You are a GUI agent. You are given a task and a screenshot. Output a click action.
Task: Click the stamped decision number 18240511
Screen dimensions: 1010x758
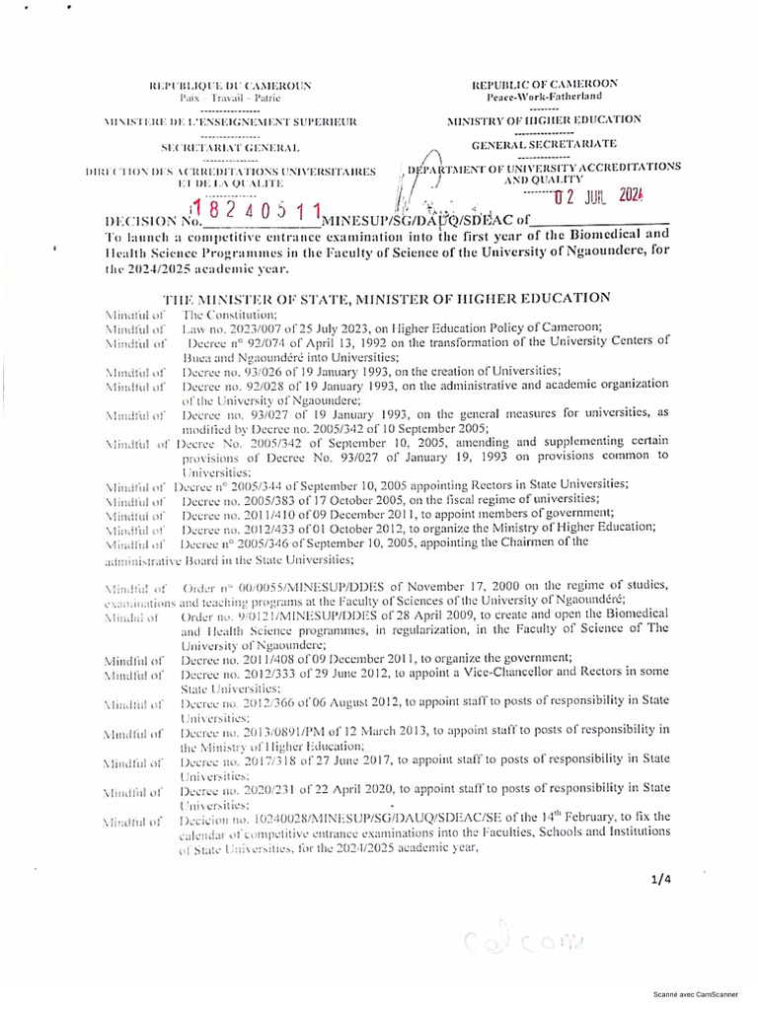tap(257, 212)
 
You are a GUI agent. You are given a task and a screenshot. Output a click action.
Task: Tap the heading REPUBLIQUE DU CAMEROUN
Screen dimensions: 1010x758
tap(229, 86)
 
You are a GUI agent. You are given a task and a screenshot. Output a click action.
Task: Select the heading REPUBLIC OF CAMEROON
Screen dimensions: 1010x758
tap(544, 84)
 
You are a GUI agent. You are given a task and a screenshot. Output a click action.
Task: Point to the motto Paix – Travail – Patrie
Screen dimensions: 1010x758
tap(229, 99)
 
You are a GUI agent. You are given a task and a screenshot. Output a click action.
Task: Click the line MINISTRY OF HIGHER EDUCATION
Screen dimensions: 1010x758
tap(544, 120)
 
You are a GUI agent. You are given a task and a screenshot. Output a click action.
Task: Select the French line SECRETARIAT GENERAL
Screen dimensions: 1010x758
tap(229, 147)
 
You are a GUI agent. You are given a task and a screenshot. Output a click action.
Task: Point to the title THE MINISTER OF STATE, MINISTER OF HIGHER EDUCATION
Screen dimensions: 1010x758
tap(386, 298)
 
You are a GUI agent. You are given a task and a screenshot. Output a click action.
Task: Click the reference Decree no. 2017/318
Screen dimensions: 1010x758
tap(243, 757)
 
